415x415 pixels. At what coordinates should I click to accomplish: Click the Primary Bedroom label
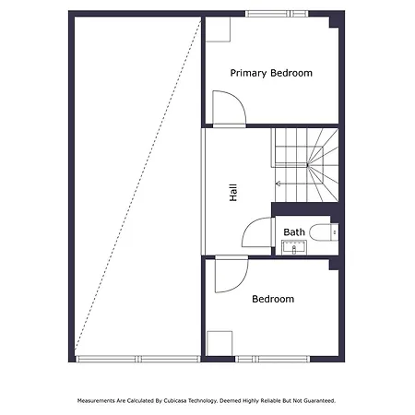coord(271,73)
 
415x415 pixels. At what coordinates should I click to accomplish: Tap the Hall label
coord(233,193)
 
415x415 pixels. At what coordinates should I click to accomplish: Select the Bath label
coord(294,232)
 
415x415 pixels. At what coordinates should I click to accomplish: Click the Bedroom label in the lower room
coord(273,299)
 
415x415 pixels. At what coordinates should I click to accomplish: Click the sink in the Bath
coord(294,247)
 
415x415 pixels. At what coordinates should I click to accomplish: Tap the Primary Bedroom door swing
coord(230,108)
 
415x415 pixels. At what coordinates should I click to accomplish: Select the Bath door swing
coord(257,232)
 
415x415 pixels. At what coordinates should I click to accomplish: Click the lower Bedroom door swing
coord(231,274)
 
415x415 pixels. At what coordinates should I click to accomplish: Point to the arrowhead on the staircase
coord(278,184)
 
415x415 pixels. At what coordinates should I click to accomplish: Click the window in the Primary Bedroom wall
coord(277,14)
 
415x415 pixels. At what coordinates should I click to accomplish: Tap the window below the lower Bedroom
coord(273,359)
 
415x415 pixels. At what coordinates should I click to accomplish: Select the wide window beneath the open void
coord(138,359)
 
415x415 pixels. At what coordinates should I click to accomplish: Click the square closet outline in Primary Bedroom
coord(218,30)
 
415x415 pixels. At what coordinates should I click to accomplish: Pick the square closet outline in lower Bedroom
coord(219,343)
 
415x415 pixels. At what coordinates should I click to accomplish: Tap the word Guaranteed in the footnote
coord(320,401)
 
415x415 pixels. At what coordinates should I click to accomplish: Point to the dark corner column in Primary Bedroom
coord(334,22)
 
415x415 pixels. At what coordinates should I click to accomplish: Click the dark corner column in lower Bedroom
coord(334,265)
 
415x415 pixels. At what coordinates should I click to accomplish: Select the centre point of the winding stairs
coord(307,165)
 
